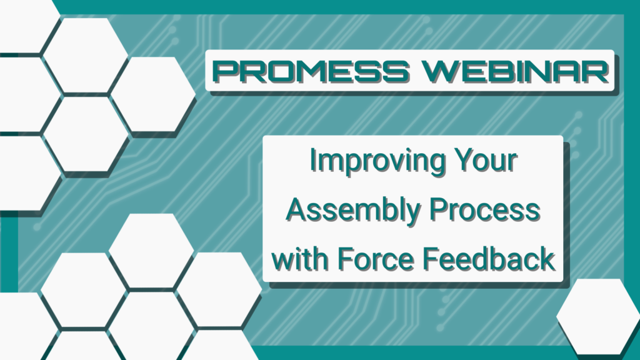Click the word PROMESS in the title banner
click(x=311, y=71)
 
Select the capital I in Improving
click(x=312, y=159)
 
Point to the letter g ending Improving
click(x=435, y=165)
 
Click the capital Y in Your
click(x=463, y=159)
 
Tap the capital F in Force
click(x=346, y=259)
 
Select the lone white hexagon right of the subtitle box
click(x=598, y=316)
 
